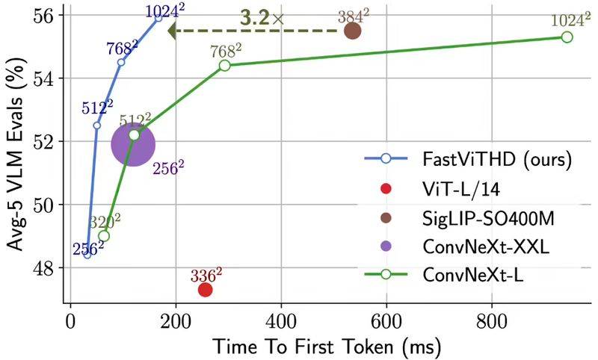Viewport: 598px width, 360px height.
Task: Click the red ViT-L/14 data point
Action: click(x=205, y=289)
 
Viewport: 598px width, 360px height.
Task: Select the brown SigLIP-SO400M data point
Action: click(x=352, y=31)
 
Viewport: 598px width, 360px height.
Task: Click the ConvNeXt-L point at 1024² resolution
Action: click(x=567, y=37)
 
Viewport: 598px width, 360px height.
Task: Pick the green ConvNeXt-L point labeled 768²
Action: click(x=225, y=65)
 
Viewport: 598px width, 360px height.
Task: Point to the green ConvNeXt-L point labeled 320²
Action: click(x=104, y=235)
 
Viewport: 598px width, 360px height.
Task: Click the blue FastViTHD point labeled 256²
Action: click(x=87, y=254)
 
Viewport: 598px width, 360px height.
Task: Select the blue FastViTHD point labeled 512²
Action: click(x=96, y=125)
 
